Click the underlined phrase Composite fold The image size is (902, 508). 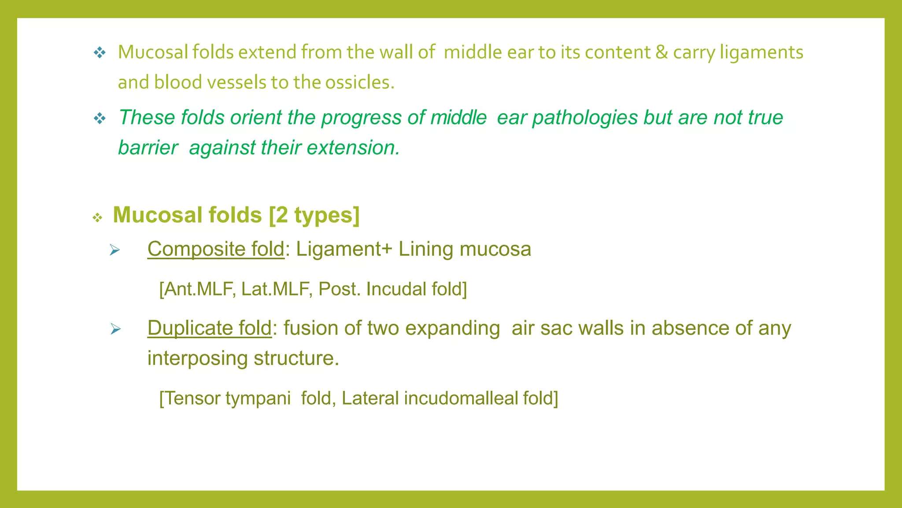pyautogui.click(x=216, y=249)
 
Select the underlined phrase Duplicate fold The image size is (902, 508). pyautogui.click(x=210, y=328)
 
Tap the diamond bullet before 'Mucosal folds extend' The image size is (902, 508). pyautogui.click(x=100, y=53)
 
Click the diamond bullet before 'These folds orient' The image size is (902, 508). pyautogui.click(x=100, y=118)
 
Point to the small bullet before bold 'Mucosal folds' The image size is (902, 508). pyautogui.click(x=97, y=217)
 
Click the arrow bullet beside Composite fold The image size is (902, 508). pyautogui.click(x=115, y=250)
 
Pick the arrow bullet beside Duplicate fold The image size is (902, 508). pyautogui.click(x=115, y=329)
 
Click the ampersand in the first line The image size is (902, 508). pyautogui.click(x=661, y=52)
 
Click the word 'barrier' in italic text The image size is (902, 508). pyautogui.click(x=148, y=148)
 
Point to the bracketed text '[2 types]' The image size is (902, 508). pyautogui.click(x=314, y=215)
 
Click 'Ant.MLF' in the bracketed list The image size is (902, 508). pyautogui.click(x=197, y=289)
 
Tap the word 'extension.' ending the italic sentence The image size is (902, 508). pyautogui.click(x=353, y=148)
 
